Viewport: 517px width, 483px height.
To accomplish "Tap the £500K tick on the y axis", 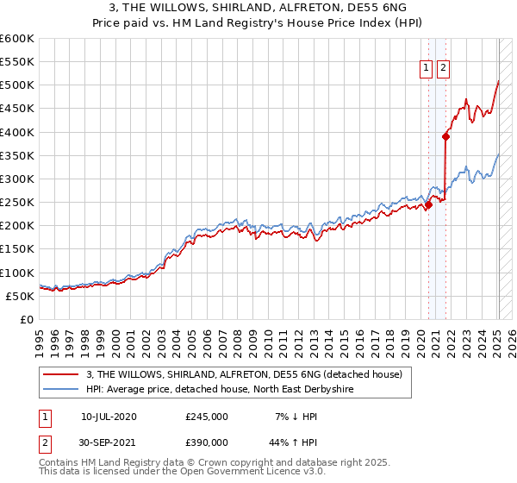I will pos(16,85).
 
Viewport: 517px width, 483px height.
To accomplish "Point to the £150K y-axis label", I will pos(16,249).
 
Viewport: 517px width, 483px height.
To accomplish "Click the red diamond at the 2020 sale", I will pos(428,204).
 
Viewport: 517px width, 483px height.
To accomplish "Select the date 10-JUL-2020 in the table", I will pos(109,417).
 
